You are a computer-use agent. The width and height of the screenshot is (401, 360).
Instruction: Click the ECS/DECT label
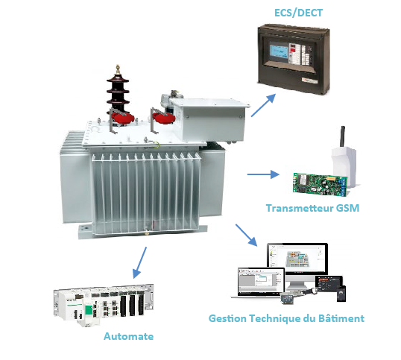tap(298, 13)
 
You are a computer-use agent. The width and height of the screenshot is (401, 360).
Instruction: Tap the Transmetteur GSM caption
tap(312, 208)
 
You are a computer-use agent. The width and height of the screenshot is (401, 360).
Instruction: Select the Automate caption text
tap(128, 336)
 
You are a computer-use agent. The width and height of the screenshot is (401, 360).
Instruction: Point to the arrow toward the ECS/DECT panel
tap(263, 105)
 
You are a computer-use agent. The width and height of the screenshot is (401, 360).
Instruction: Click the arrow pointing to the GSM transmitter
tap(263, 174)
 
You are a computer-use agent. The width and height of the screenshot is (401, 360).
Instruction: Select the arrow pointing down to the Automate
tap(139, 262)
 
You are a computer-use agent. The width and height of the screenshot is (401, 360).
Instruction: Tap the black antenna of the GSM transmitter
tap(342, 136)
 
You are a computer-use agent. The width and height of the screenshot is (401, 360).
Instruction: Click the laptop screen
tap(261, 281)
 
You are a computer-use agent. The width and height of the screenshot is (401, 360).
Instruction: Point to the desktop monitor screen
tap(297, 258)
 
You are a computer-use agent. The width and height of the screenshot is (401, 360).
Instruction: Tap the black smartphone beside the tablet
tap(341, 294)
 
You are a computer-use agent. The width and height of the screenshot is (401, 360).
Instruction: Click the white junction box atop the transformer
tap(210, 119)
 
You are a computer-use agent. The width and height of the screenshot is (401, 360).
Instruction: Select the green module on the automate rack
tap(89, 310)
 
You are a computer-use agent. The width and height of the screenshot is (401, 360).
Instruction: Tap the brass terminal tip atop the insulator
tap(118, 69)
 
